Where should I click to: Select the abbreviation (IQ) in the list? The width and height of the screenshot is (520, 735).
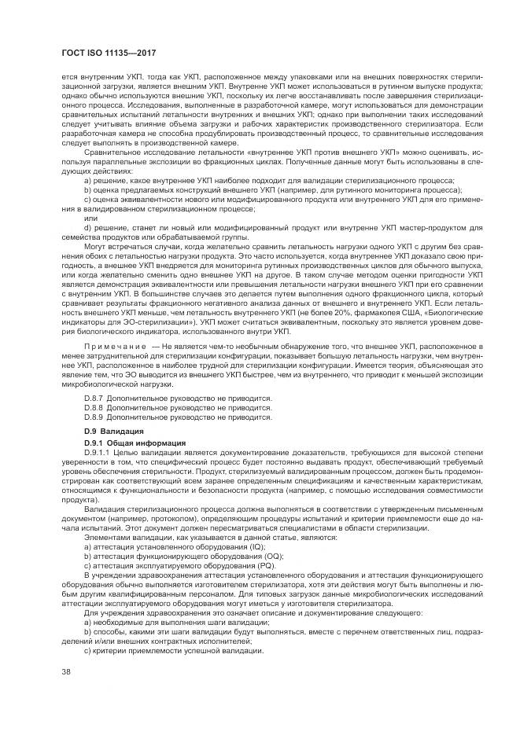(x=258, y=545)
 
